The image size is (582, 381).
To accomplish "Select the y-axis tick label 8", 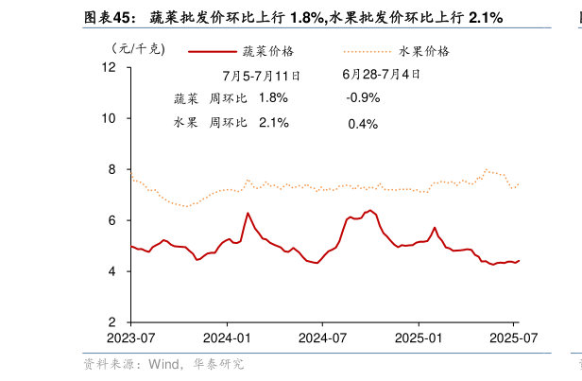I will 111,170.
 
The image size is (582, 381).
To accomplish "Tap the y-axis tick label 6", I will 111,220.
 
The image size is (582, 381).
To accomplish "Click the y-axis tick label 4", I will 111,271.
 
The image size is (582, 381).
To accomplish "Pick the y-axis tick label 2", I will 111,322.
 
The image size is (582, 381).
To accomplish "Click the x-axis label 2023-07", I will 130,338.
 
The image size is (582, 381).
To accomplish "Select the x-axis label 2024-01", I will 227,338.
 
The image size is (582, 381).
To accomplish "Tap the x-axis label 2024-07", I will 322,338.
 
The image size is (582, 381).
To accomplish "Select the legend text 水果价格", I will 424,51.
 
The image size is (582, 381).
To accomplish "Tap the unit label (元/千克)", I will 137,49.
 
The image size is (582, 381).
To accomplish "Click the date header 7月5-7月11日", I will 262,75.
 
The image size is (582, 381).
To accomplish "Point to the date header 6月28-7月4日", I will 382,73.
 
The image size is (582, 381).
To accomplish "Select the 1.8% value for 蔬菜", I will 273,97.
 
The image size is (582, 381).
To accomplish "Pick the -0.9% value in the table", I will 363,97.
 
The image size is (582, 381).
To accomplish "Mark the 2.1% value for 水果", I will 273,122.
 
